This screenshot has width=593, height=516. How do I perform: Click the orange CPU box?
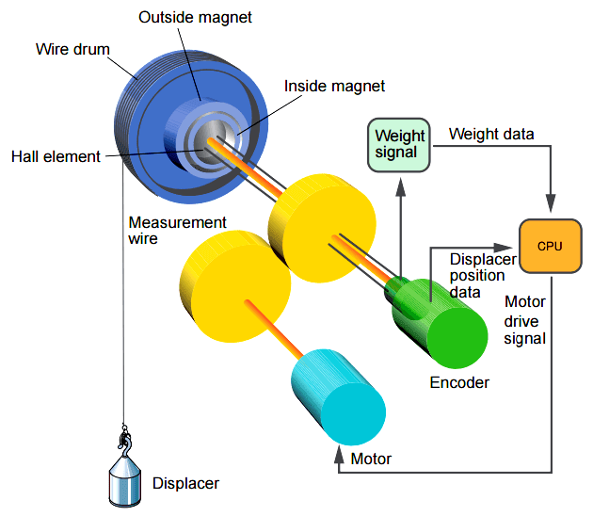(550, 245)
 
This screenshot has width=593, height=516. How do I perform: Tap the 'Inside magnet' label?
(334, 86)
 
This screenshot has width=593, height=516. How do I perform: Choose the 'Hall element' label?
(56, 156)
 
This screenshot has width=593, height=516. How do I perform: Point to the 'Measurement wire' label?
(178, 231)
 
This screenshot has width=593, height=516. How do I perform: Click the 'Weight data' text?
(491, 134)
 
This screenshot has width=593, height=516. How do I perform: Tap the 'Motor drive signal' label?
(525, 320)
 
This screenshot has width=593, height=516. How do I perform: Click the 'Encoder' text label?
(459, 382)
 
